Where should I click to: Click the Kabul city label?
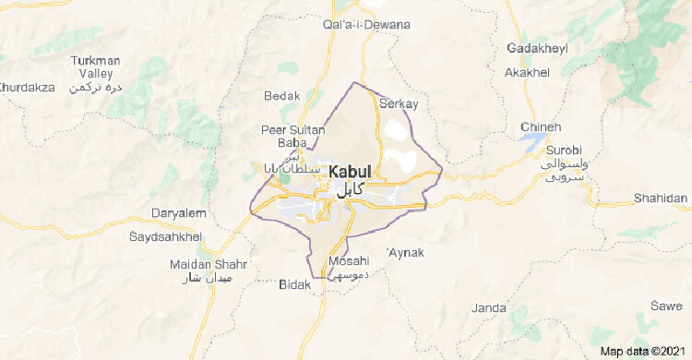[349, 172]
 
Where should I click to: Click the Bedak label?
[281, 96]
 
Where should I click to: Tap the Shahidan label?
[660, 198]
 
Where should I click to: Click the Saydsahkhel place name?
[172, 237]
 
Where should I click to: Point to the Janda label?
[488, 307]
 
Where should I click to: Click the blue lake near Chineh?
[533, 141]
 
